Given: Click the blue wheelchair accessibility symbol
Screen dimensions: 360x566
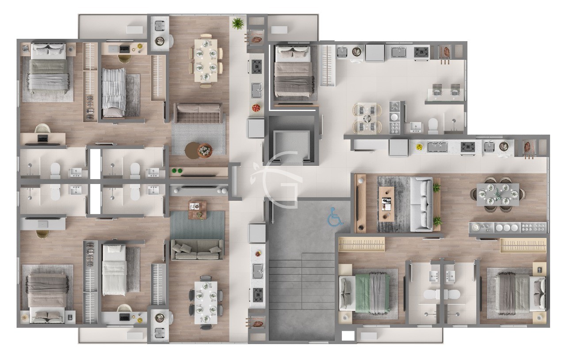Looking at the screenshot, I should [336, 217].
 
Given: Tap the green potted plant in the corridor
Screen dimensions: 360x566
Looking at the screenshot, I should [238, 23].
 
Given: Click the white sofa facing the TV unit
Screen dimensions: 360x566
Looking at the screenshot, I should [421, 204].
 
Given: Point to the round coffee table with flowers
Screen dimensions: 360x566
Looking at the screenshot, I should [204, 151].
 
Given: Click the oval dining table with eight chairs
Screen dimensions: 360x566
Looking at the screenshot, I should [497, 195].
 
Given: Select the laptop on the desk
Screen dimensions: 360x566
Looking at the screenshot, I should [43, 138].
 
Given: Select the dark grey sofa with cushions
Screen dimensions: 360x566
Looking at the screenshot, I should [197, 250].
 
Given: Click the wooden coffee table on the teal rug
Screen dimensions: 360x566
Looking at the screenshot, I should [197, 210].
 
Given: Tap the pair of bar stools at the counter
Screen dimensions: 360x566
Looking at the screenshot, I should [446, 89].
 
